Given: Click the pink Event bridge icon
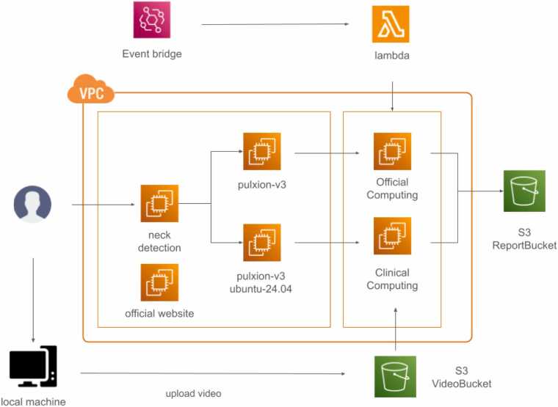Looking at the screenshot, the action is tap(152, 20).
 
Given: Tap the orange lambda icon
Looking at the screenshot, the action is tap(391, 24).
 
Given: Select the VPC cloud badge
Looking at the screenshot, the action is tap(91, 89).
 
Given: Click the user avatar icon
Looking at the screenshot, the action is tap(32, 204).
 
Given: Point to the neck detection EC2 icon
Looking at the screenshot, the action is tap(159, 203).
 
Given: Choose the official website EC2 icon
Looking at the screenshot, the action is tap(159, 282).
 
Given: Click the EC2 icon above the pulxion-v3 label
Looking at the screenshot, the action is tap(262, 151).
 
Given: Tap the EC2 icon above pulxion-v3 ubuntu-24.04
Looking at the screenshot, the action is tap(262, 243).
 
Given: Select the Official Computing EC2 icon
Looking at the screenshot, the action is tap(392, 151).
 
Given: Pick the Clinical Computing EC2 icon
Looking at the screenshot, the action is tap(392, 236).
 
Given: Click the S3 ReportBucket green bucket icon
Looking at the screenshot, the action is tap(524, 191).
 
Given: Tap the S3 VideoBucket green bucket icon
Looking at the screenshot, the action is tap(395, 377).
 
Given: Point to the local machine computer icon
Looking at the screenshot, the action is tap(33, 367).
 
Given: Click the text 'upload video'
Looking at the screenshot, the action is tap(193, 394).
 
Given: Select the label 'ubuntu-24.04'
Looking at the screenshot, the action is tap(261, 289).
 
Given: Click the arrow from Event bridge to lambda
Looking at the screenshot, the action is tap(275, 24).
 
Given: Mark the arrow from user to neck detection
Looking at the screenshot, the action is tap(104, 205).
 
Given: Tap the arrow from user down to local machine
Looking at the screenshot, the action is tap(34, 301).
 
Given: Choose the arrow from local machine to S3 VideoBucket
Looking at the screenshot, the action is tap(213, 373).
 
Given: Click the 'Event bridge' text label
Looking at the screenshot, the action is tap(152, 54).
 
